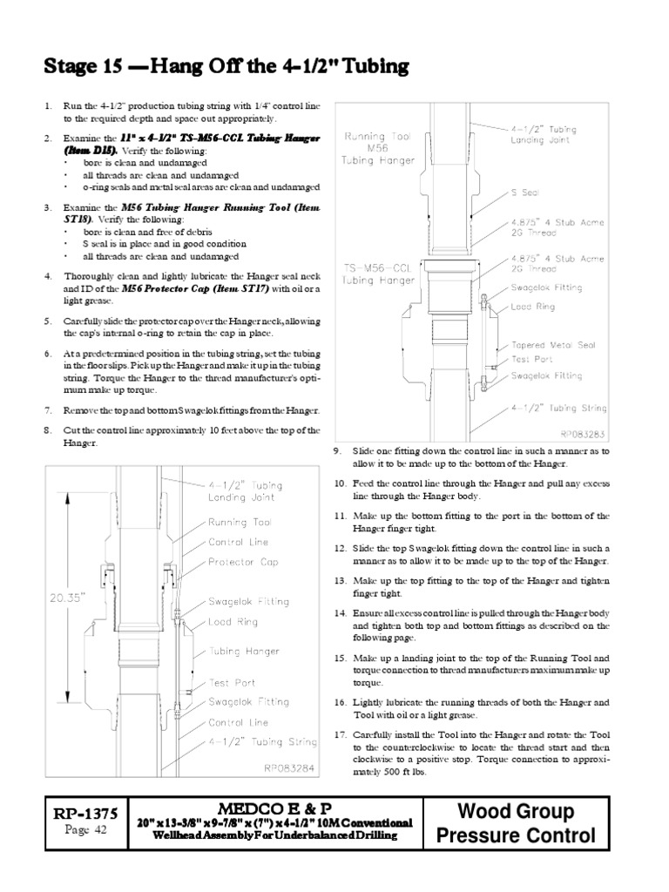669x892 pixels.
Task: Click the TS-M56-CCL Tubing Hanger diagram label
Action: click(379, 274)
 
